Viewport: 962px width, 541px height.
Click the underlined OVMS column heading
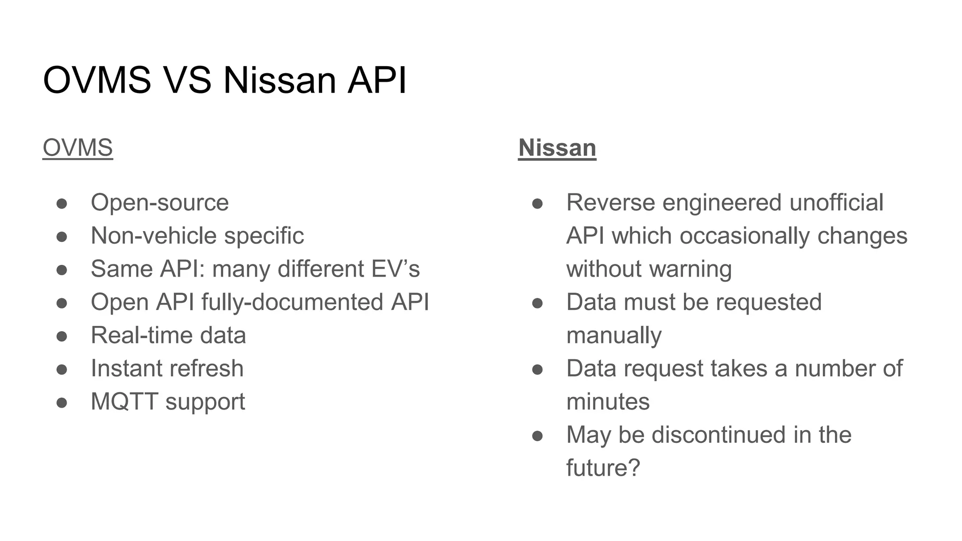[x=78, y=148]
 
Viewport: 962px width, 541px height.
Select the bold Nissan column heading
[x=557, y=148]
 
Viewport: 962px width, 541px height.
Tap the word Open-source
[x=160, y=203]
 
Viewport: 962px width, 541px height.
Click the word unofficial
[x=836, y=203]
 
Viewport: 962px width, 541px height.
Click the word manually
[x=614, y=335]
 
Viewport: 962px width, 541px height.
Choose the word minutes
[x=608, y=402]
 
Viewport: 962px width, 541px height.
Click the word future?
[x=603, y=468]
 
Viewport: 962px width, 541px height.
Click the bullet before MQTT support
[x=62, y=402]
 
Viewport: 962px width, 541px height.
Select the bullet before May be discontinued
[x=537, y=436]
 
